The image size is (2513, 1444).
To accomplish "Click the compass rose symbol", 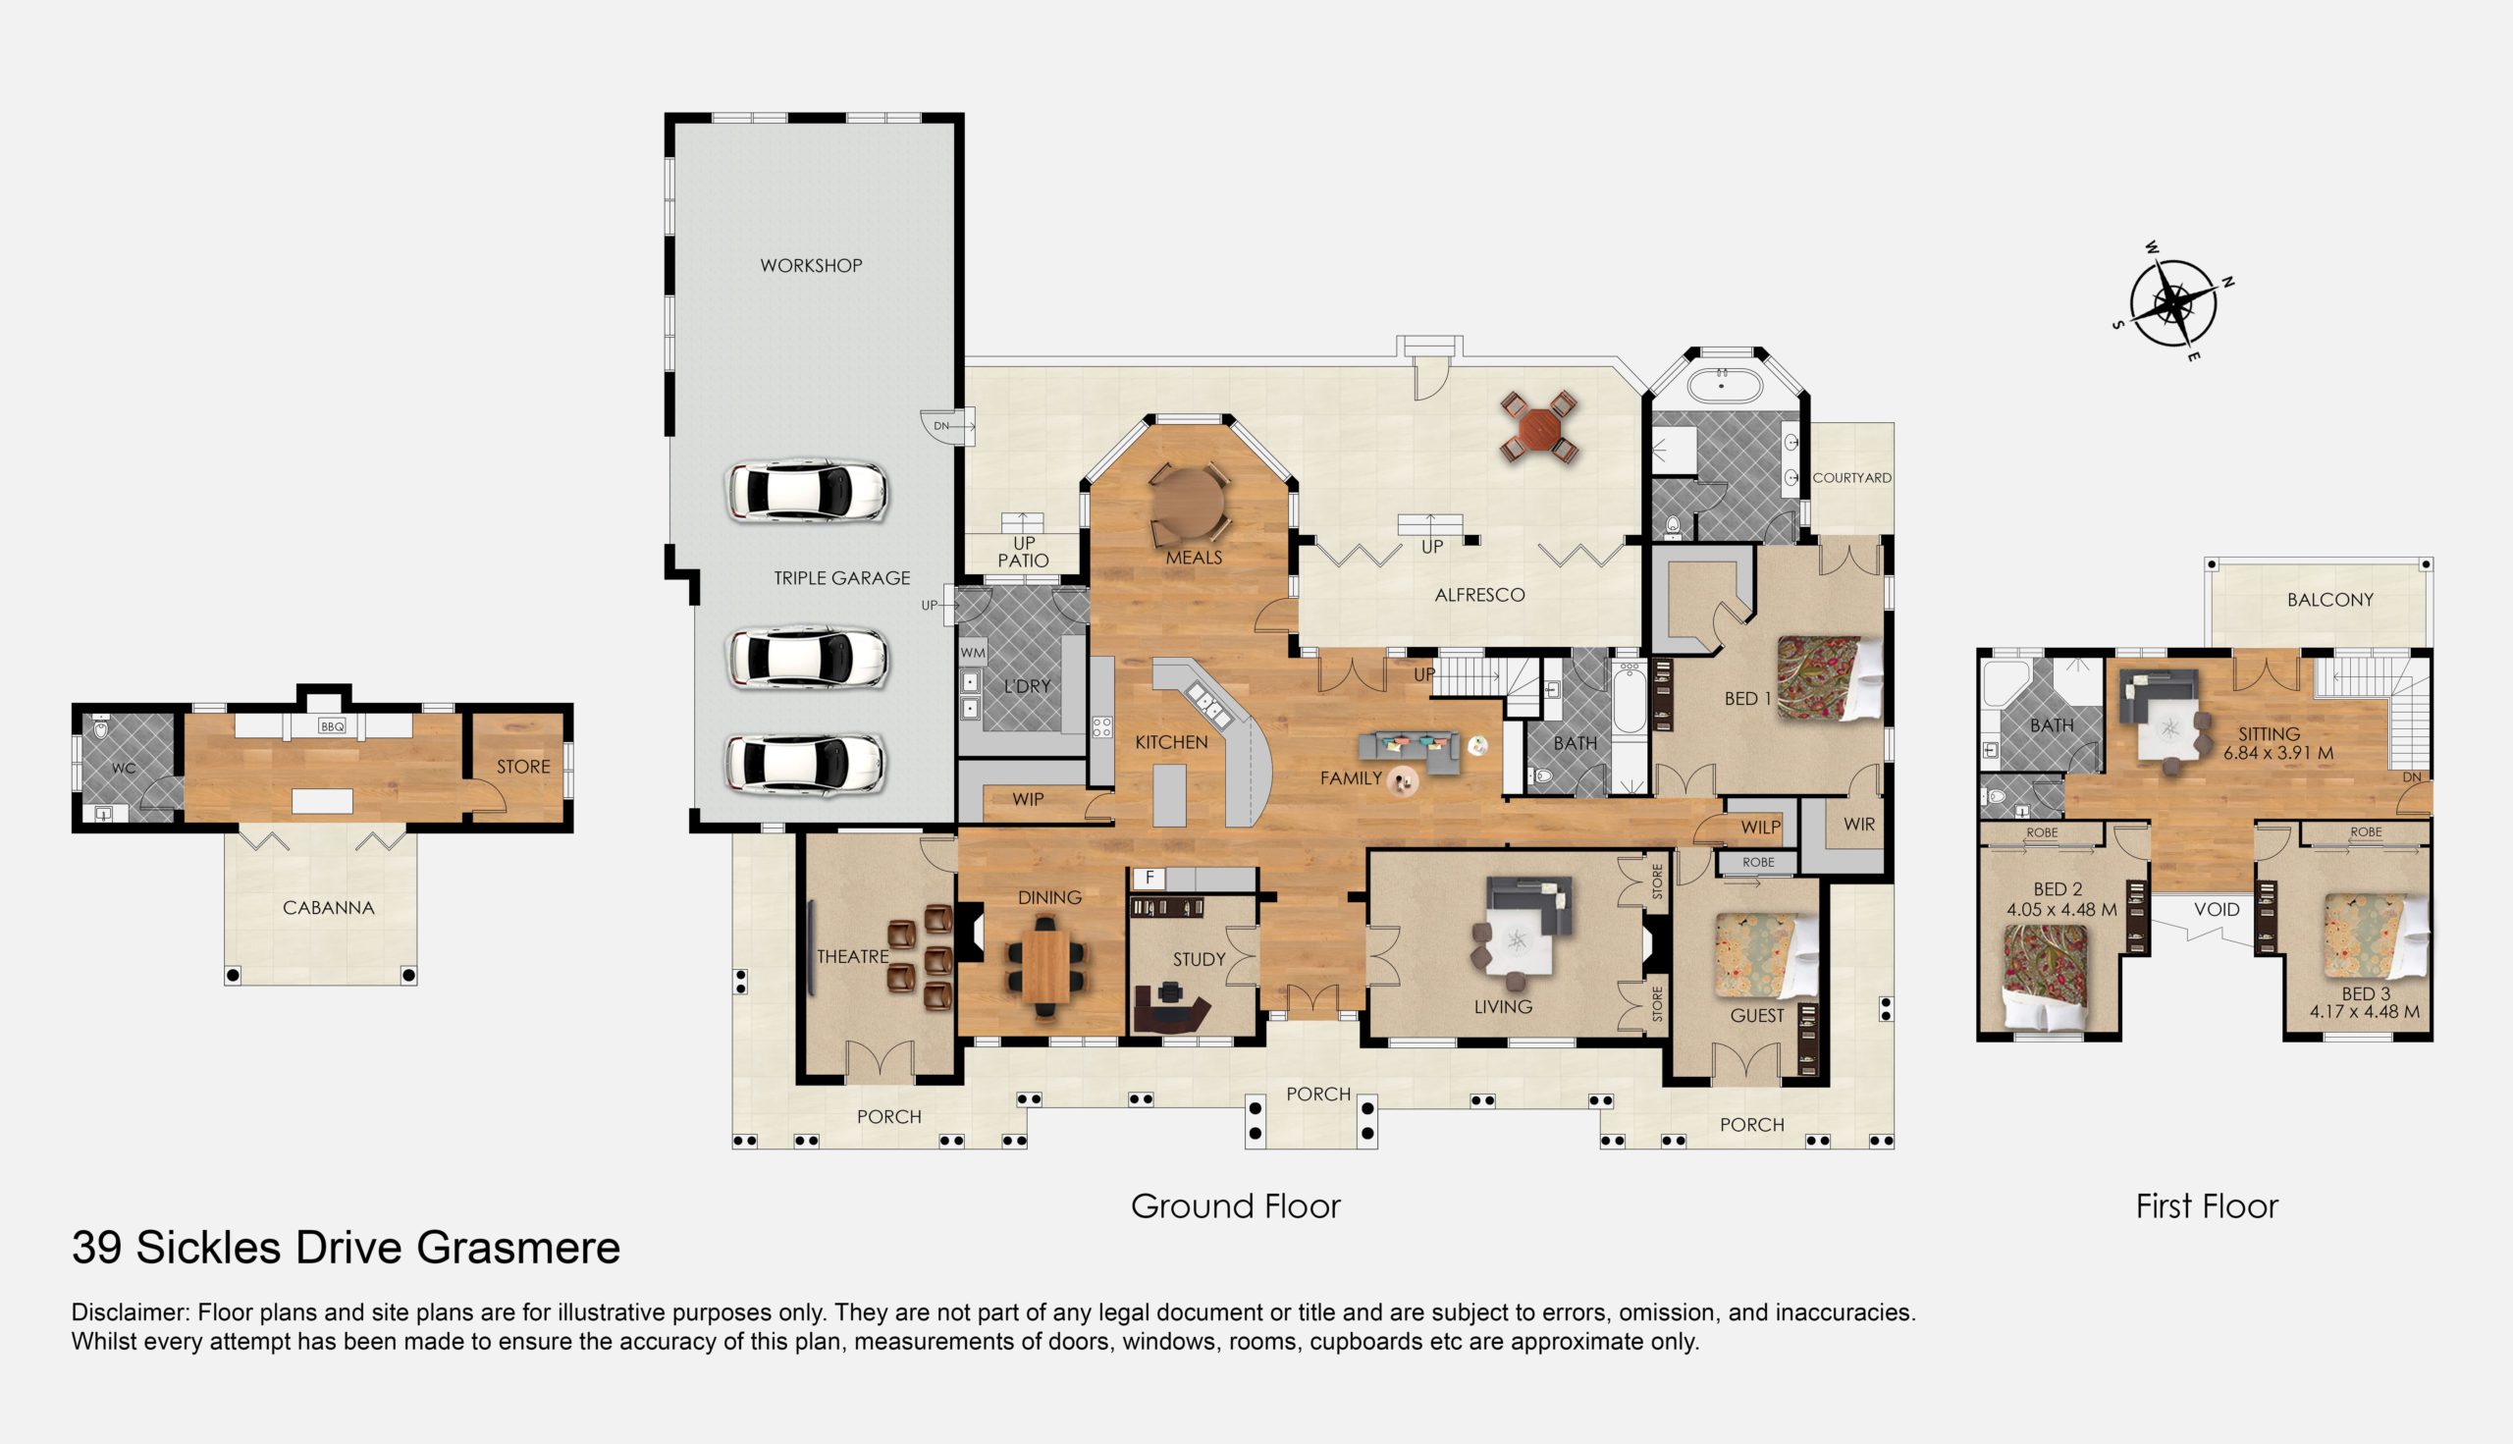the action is click(2173, 301).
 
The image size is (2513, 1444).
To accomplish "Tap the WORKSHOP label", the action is click(811, 266).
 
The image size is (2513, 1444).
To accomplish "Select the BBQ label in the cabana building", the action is click(331, 727).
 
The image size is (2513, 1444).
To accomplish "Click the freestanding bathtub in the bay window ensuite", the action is click(1726, 384).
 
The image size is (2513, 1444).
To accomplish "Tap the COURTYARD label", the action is click(1851, 478).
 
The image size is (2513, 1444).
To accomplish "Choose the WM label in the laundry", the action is click(973, 654).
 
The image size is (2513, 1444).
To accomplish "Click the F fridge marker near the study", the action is click(1150, 878).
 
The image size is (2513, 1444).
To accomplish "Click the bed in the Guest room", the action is click(1766, 955).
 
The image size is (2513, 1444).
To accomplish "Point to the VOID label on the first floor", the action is click(2216, 909).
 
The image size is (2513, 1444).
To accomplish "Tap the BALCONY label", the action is click(2330, 600).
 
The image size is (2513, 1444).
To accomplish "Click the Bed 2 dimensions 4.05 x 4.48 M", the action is click(2061, 909).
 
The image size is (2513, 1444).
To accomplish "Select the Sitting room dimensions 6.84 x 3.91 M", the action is click(2278, 753).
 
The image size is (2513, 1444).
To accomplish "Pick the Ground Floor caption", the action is click(1236, 1206).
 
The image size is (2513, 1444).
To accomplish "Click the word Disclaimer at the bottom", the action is click(130, 1313).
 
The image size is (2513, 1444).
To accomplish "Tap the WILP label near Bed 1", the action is click(1760, 828).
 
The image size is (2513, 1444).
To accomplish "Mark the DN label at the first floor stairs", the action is click(2412, 778).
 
